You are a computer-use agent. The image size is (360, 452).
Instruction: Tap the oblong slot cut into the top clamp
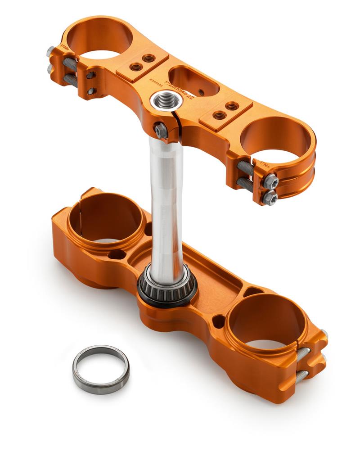(x=193, y=81)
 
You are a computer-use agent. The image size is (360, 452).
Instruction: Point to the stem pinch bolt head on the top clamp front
(x=161, y=131)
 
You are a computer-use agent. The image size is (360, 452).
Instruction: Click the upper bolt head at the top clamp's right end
(x=270, y=181)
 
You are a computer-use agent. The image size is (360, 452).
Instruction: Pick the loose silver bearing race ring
(x=101, y=368)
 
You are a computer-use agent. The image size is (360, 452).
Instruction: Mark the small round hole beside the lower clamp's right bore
(x=218, y=321)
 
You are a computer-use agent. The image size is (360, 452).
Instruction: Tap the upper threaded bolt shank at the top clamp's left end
(x=70, y=64)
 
